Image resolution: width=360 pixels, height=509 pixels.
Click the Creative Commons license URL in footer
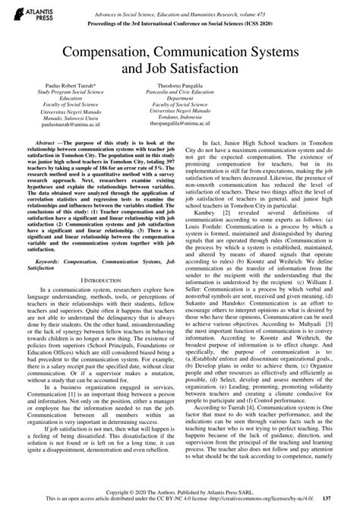point(251,498)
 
